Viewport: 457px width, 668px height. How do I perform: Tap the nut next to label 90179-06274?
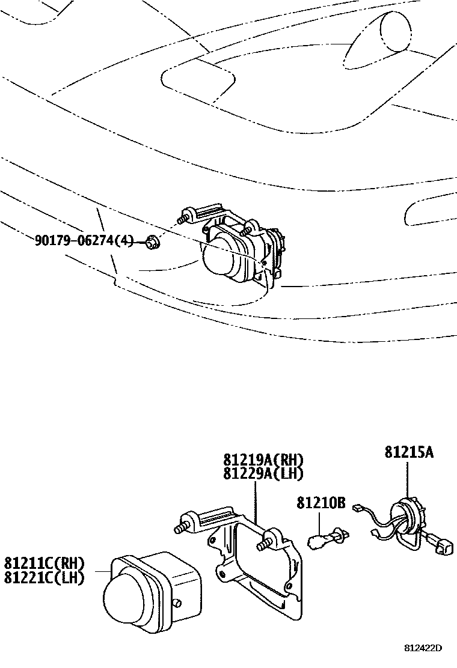pyautogui.click(x=152, y=243)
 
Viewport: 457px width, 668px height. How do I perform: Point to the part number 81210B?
pyautogui.click(x=321, y=502)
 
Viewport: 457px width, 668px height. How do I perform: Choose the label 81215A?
pyautogui.click(x=409, y=452)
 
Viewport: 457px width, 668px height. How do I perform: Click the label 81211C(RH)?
pyautogui.click(x=44, y=564)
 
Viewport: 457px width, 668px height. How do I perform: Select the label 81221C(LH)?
pyautogui.click(x=44, y=578)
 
